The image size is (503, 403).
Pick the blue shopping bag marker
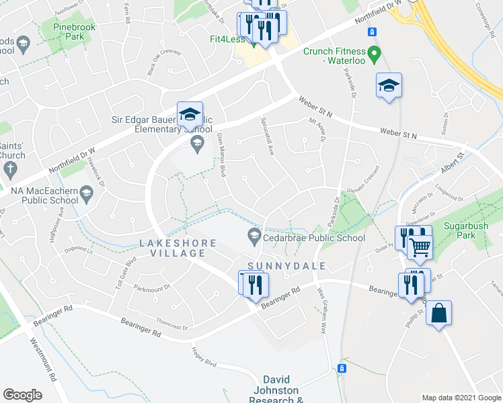coord(438,314)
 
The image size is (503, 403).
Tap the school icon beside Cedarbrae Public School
coord(254,237)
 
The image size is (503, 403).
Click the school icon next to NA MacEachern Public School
coord(86,195)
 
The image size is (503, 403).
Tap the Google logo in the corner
coord(23,395)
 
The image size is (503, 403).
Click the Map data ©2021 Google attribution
coord(461,398)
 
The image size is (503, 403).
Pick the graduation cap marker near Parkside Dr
coord(389,86)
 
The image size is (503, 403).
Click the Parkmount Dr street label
coord(152,289)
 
